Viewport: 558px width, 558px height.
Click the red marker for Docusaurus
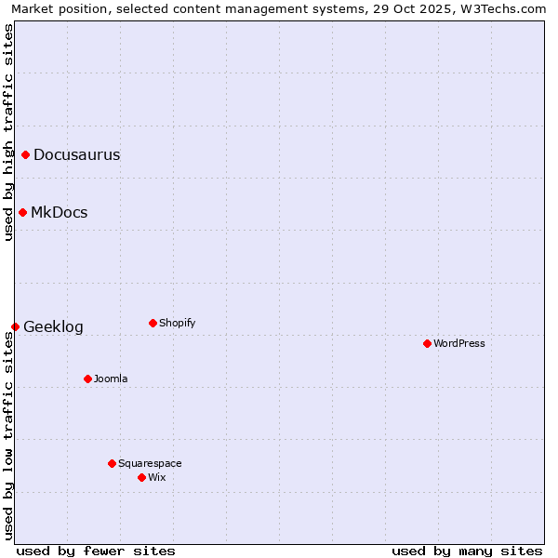tap(26, 154)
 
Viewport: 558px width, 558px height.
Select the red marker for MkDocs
tap(22, 212)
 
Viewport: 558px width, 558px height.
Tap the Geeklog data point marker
tap(15, 326)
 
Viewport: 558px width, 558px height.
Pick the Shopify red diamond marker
tap(153, 323)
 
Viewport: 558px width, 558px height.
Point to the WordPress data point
tap(427, 343)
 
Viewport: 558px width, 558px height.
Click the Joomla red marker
tap(87, 379)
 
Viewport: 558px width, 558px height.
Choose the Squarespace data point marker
tap(112, 463)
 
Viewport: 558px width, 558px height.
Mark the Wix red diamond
tap(141, 477)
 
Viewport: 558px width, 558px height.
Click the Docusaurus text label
tap(76, 155)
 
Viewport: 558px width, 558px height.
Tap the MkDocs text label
tap(59, 213)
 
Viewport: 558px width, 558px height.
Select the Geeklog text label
tap(53, 327)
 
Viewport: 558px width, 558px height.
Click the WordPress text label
tap(458, 343)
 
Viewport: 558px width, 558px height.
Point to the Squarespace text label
tap(150, 463)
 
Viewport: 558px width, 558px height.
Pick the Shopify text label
tap(177, 323)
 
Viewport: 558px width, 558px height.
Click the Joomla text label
tap(111, 379)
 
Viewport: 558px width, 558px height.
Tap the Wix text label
tap(156, 477)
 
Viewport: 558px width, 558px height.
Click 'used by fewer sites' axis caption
tap(96, 551)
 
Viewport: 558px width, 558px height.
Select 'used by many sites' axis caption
tap(467, 551)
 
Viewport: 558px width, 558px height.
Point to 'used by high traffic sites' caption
tap(8, 132)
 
